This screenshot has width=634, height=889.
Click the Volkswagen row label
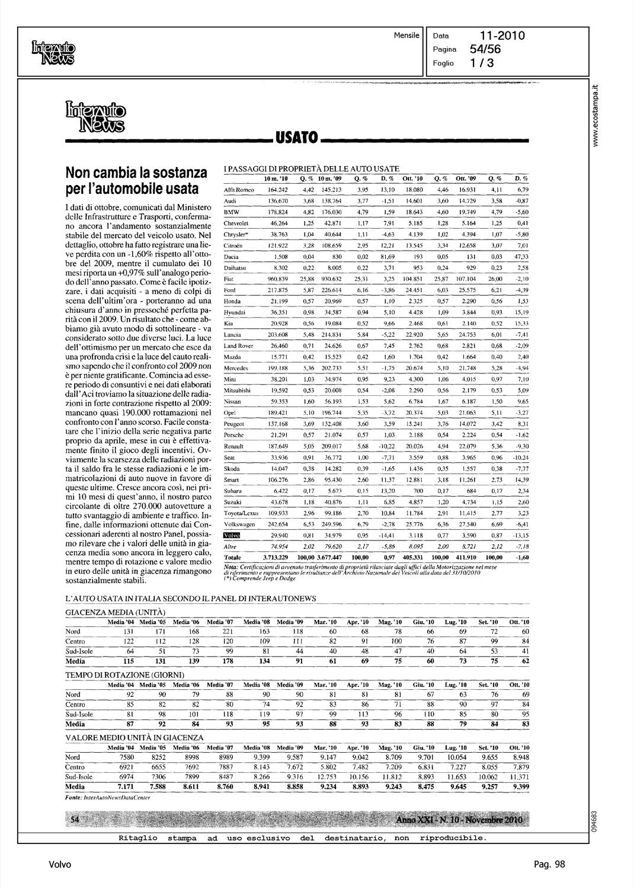click(x=239, y=525)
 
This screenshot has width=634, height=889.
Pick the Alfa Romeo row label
click(x=238, y=190)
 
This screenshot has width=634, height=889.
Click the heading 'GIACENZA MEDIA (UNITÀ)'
click(x=115, y=611)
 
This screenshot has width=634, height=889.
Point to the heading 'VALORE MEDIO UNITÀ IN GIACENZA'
click(x=135, y=737)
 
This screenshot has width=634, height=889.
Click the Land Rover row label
click(x=238, y=346)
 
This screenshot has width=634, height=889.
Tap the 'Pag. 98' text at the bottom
click(x=550, y=864)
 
